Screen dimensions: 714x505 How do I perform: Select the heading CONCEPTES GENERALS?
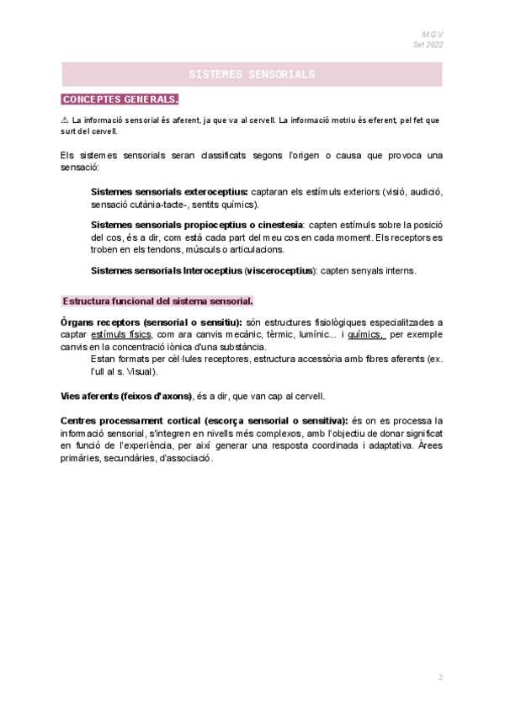(x=120, y=99)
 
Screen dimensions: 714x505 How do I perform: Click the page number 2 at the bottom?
(x=439, y=677)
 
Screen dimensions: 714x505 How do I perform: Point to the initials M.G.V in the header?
(x=431, y=34)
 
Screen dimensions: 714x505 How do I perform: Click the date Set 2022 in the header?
(x=428, y=45)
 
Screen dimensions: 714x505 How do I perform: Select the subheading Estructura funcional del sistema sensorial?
(x=158, y=301)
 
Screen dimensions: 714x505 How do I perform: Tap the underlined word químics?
(x=366, y=334)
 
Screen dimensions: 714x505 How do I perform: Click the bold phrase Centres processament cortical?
(x=130, y=420)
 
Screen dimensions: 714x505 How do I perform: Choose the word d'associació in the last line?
(x=185, y=458)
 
